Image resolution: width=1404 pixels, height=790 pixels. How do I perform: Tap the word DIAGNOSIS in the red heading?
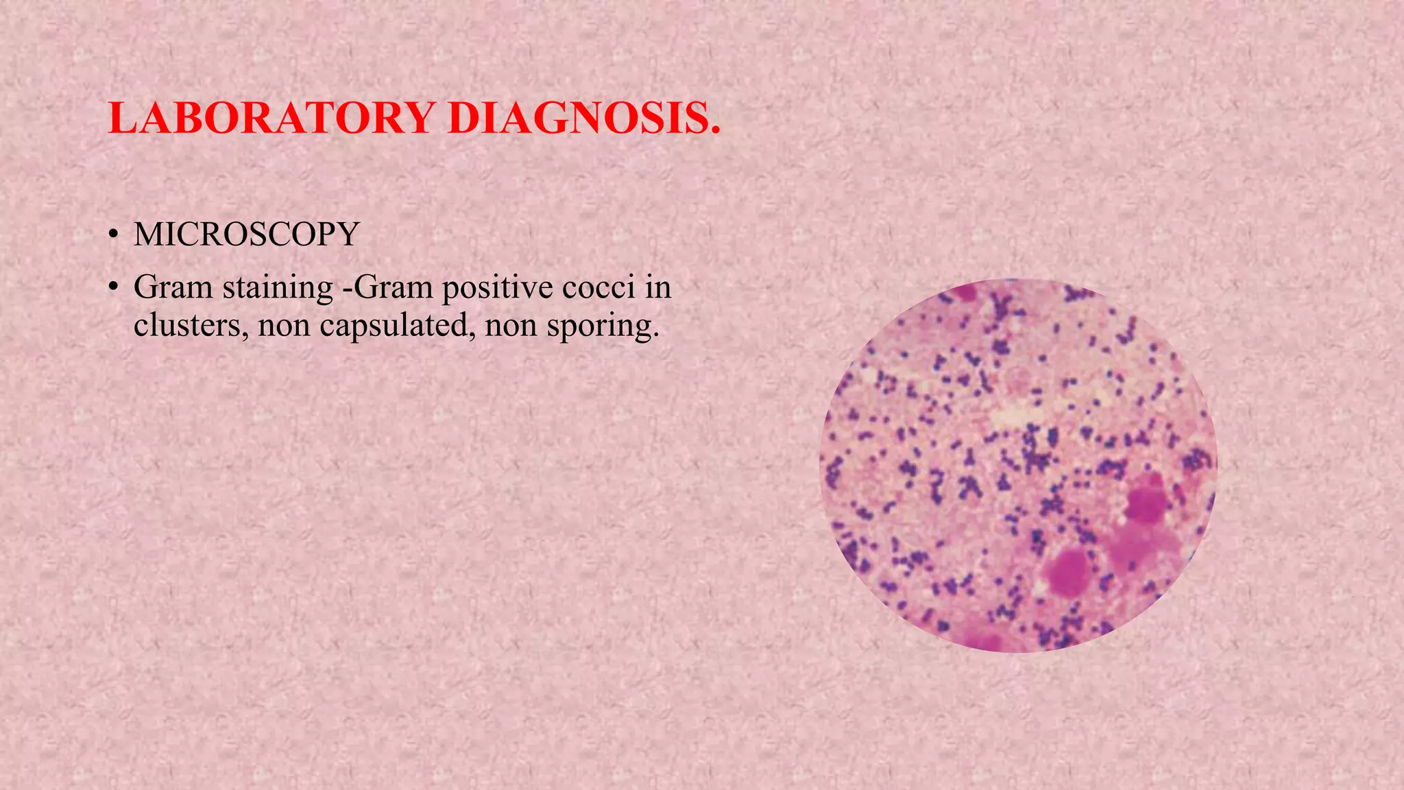click(x=584, y=118)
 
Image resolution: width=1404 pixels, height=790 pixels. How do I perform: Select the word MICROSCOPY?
click(x=247, y=235)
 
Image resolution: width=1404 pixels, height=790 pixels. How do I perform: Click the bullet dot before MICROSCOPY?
click(x=113, y=236)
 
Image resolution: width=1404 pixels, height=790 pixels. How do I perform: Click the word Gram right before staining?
click(x=173, y=287)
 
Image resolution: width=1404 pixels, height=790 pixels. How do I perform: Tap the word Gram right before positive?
click(x=394, y=287)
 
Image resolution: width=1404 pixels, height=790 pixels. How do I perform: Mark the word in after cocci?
click(x=657, y=287)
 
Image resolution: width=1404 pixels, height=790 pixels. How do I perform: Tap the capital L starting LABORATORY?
click(x=123, y=118)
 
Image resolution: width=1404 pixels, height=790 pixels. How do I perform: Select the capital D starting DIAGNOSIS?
click(x=463, y=118)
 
